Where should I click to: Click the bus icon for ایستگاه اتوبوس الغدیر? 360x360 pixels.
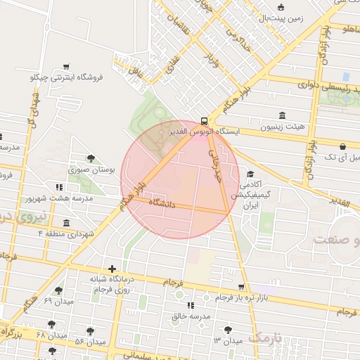204,120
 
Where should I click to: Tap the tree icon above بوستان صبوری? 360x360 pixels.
90,158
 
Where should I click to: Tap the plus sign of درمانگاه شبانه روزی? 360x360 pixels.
112,269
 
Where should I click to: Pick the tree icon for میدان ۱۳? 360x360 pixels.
228,329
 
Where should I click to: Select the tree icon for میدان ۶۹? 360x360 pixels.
58,290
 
